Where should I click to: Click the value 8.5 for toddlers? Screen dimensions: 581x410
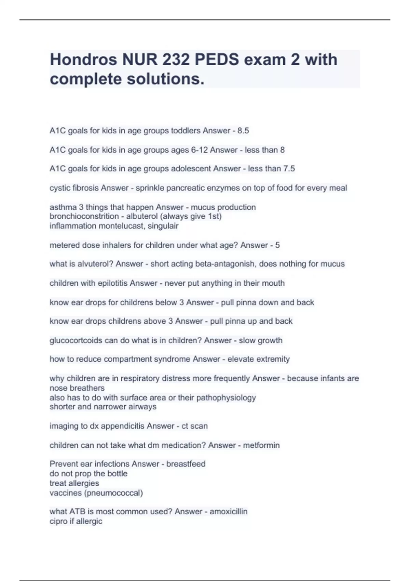tap(243, 131)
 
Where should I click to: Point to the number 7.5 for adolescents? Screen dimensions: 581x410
tap(289, 168)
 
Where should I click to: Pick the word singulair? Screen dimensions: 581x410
tap(163, 226)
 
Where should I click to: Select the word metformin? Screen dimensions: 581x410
tap(261, 445)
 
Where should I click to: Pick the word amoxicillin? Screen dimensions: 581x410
tap(229, 512)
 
